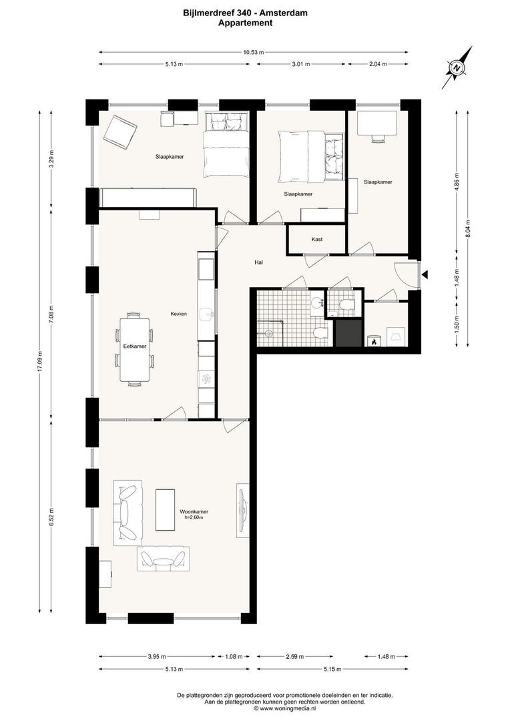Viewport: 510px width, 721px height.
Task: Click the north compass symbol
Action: pos(457,67)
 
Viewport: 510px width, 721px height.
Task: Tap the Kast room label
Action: pos(317,239)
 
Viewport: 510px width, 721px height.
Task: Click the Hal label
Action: pos(258,262)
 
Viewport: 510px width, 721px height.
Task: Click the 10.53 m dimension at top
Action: pos(253,51)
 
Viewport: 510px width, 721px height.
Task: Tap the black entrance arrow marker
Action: pos(425,274)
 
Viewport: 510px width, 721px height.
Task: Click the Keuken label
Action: pos(178,313)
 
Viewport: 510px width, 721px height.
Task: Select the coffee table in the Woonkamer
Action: pos(165,509)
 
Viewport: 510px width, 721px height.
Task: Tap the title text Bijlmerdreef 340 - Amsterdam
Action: pos(246,12)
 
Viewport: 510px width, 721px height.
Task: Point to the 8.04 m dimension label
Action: pos(468,228)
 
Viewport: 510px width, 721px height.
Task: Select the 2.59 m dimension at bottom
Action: pos(294,656)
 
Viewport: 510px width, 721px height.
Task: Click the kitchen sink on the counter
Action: pos(208,312)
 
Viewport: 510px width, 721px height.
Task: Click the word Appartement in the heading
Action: pos(245,22)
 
